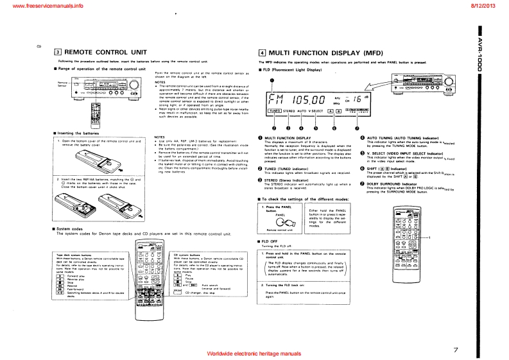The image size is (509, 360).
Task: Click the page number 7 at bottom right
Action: pos(455,350)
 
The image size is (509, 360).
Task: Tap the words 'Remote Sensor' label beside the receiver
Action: pos(63,84)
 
